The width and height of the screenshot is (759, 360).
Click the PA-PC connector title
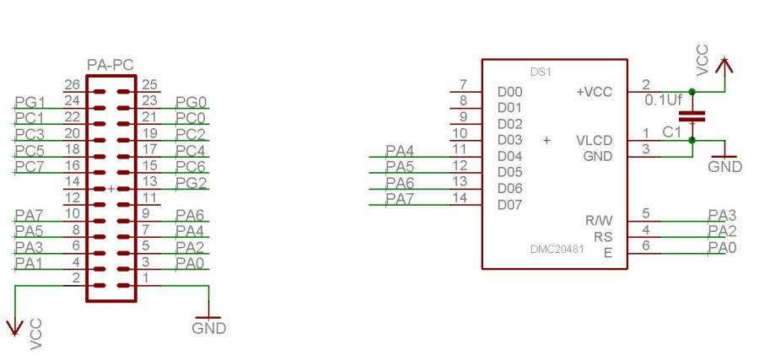[110, 65]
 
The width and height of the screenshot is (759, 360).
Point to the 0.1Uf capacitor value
[662, 99]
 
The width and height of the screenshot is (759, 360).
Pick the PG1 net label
[30, 102]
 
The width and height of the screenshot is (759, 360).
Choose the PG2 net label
[191, 182]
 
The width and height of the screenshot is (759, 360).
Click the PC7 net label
[30, 166]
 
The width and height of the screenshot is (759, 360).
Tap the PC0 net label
[191, 118]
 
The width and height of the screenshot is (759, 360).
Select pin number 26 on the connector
[72, 85]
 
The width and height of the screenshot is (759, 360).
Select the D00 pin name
[510, 92]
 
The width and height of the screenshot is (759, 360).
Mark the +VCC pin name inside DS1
[594, 92]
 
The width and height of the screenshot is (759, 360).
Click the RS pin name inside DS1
[602, 236]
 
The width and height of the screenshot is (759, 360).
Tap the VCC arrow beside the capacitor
[724, 63]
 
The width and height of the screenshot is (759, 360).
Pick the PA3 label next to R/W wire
[722, 214]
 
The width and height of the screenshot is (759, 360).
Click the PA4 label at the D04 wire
[400, 150]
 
